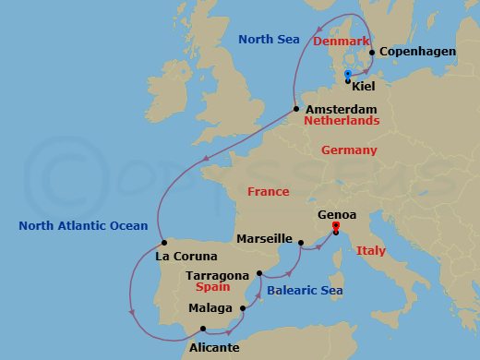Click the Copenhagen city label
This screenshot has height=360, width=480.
(418, 52)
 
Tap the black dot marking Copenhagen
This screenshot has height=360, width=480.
(372, 53)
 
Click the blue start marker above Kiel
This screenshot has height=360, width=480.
(347, 74)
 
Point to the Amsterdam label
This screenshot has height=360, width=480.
(341, 109)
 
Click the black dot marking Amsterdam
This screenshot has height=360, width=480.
(295, 109)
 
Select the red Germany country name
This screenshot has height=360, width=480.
(349, 150)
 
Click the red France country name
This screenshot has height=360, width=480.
(269, 191)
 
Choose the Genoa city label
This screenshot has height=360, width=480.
(336, 214)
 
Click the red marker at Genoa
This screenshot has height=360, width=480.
(336, 227)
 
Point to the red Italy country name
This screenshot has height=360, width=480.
(371, 250)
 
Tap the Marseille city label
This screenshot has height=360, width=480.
(264, 238)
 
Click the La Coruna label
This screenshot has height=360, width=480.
(186, 256)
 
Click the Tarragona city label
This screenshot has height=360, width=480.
(218, 275)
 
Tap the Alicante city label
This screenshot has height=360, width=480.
(213, 348)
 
